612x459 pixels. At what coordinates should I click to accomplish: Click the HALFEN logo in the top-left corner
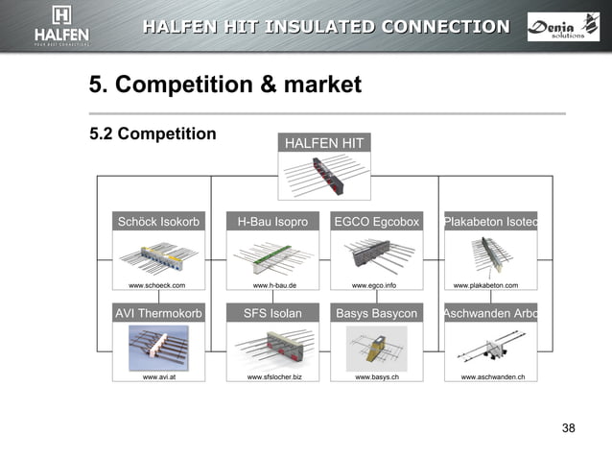pos(61,26)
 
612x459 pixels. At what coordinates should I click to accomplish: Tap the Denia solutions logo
pos(563,27)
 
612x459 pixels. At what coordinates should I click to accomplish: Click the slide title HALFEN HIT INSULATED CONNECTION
pos(326,26)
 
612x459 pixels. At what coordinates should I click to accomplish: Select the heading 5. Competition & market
pos(225,85)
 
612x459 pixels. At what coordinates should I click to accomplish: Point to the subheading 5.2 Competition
pos(153,133)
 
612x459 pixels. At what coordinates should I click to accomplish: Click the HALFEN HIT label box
pos(324,143)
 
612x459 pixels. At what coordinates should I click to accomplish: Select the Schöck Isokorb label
pos(158,222)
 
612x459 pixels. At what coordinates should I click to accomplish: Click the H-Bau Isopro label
pos(272,222)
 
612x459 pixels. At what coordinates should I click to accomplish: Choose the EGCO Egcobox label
pos(376,222)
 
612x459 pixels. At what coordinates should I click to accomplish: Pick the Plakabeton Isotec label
pos(489,222)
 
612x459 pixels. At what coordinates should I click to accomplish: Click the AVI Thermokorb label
pos(158,313)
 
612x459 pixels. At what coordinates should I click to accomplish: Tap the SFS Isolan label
pos(272,313)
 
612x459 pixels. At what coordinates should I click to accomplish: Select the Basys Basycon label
pos(376,313)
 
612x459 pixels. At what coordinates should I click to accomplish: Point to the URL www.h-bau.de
pos(274,285)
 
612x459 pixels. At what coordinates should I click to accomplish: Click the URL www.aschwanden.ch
pos(492,377)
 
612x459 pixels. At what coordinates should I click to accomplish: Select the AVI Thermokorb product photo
pos(158,348)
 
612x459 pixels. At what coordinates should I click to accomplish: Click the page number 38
pos(568,427)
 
